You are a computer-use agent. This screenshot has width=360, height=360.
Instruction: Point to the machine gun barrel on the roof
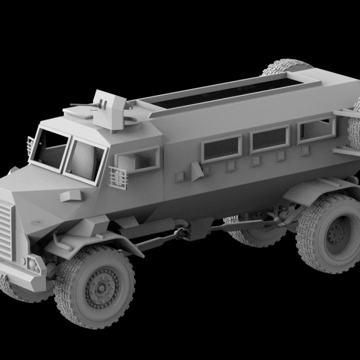(x=83, y=105)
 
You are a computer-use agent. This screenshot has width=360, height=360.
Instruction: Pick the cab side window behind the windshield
(x=137, y=161)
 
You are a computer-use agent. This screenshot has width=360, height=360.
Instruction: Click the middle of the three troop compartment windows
(x=270, y=139)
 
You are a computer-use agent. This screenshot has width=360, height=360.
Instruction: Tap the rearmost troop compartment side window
(x=316, y=129)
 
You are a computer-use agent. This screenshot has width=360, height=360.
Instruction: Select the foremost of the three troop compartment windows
(x=221, y=148)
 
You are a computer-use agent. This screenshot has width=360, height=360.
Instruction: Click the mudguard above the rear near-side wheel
(x=320, y=190)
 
